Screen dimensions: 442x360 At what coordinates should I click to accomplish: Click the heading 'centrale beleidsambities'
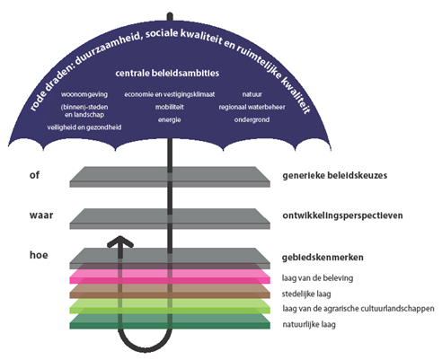coord(167,73)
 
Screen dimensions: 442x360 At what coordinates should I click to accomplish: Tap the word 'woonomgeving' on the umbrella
coord(84,94)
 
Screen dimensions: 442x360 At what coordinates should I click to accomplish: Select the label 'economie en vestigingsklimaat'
coord(170,94)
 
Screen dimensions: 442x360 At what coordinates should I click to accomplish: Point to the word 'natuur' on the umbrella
coord(252,94)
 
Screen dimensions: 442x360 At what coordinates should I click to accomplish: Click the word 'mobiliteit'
coord(170,107)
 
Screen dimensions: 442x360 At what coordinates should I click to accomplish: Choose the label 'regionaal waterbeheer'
coord(252,107)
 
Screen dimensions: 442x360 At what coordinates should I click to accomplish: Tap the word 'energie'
coord(170,119)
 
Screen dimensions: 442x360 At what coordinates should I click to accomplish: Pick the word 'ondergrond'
coord(252,119)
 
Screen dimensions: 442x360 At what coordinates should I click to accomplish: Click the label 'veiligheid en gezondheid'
coord(84,127)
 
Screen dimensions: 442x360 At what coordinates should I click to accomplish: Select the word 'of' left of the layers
coord(34,175)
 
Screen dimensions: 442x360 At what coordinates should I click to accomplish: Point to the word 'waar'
coord(41,215)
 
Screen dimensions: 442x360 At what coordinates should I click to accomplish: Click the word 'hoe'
coord(39,255)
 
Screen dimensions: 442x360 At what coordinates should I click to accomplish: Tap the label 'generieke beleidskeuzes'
coord(335,175)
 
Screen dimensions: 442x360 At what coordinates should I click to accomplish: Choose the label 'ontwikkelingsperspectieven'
coord(342,215)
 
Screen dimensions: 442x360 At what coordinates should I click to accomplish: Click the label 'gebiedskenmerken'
coord(323,258)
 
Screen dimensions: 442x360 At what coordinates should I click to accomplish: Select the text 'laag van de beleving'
coord(317,278)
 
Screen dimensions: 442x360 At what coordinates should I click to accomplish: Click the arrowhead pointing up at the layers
coord(120,241)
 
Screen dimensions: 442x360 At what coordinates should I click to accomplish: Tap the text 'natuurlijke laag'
coord(309,324)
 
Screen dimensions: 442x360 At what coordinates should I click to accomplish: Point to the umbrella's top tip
coord(170,13)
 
